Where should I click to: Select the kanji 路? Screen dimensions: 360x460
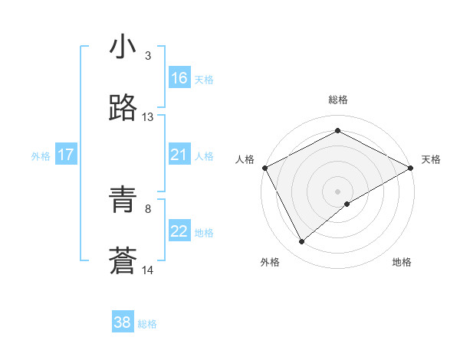pyautogui.click(x=123, y=108)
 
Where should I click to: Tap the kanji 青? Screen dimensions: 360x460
pyautogui.click(x=123, y=201)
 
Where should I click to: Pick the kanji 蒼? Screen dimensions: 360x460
pyautogui.click(x=123, y=262)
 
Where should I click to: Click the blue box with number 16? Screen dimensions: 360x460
pyautogui.click(x=179, y=78)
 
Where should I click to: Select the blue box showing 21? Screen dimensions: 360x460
pyautogui.click(x=179, y=155)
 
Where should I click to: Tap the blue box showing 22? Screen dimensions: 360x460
pyautogui.click(x=179, y=231)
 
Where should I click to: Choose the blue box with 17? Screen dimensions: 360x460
pyautogui.click(x=66, y=155)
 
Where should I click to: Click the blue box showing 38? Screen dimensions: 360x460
pyautogui.click(x=123, y=322)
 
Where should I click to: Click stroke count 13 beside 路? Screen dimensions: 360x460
pyautogui.click(x=148, y=117)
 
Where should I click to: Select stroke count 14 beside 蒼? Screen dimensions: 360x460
pyautogui.click(x=148, y=270)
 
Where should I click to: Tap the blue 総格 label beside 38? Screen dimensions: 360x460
pyautogui.click(x=147, y=324)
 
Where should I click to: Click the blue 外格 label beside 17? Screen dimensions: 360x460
pyautogui.click(x=41, y=156)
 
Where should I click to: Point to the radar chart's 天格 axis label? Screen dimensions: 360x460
pyautogui.click(x=431, y=159)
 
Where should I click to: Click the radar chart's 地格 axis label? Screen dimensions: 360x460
pyautogui.click(x=402, y=262)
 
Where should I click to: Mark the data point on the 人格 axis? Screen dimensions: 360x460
pyautogui.click(x=264, y=167)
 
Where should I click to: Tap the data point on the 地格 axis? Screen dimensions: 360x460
pyautogui.click(x=347, y=204)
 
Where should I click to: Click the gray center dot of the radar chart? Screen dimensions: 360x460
pyautogui.click(x=337, y=191)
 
